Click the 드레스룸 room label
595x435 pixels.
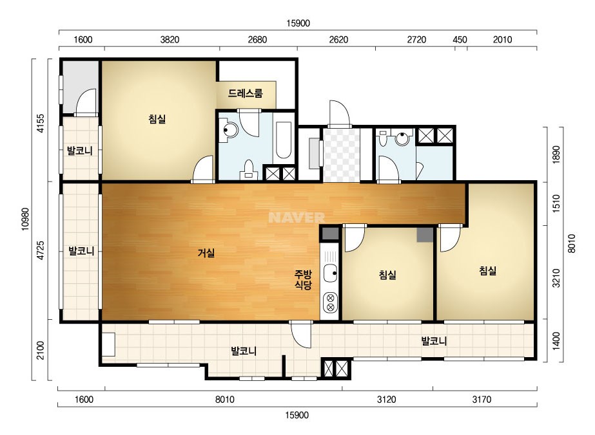pos(245,93)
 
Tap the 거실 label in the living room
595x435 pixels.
pos(206,253)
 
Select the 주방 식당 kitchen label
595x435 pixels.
pos(303,280)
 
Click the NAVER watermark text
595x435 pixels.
pos(297,217)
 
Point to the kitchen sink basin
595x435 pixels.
pos(330,273)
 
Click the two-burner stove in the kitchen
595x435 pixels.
pos(330,302)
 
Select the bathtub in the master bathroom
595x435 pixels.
pos(283,140)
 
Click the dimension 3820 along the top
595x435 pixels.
pos(170,40)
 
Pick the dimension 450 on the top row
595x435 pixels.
pos(460,40)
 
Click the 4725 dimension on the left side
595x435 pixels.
pos(41,250)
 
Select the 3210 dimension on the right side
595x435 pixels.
pos(556,278)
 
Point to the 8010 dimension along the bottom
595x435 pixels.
pos(224,400)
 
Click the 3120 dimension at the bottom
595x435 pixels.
pos(386,400)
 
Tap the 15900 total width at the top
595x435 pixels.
pos(298,23)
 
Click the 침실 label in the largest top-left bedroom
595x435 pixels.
pos(157,119)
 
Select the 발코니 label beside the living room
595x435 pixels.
pos(81,251)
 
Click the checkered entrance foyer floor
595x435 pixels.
pos(341,155)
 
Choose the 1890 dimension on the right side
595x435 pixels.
pos(556,154)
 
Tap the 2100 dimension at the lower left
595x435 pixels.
pos(41,351)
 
